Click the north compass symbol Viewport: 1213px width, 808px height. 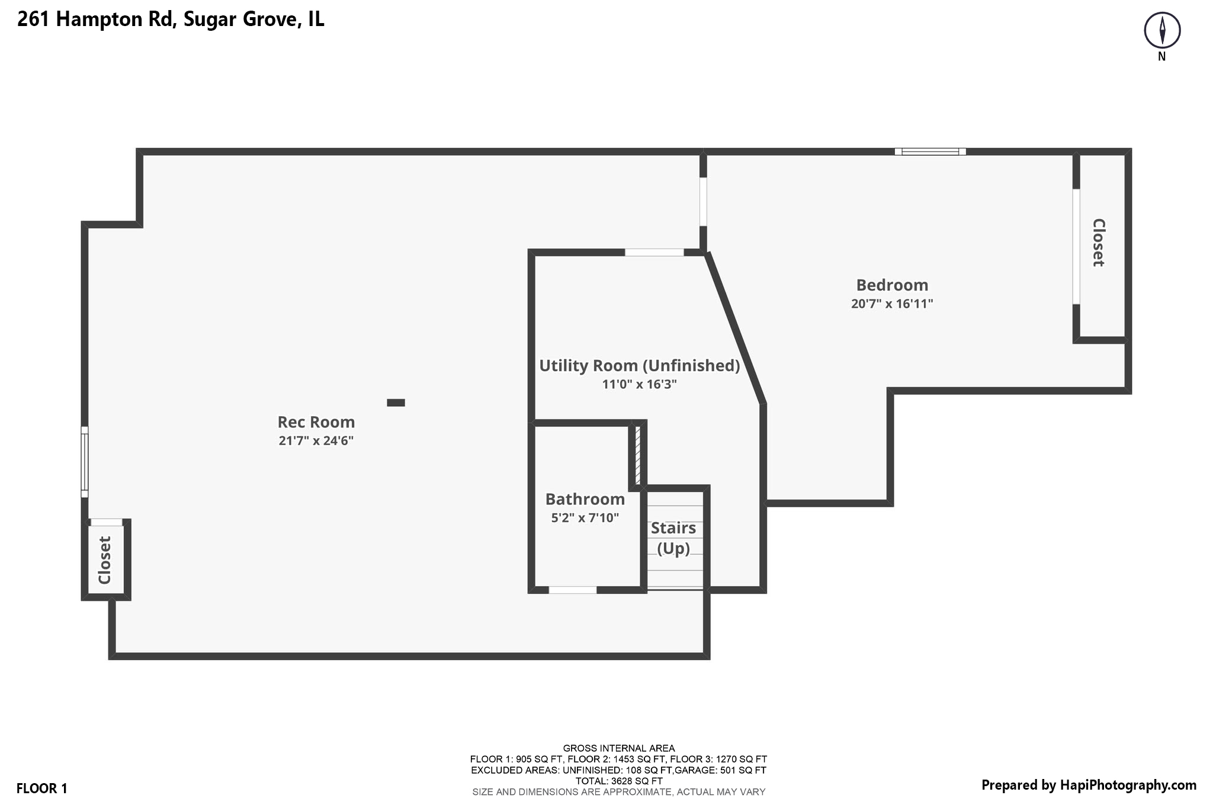coord(1161,31)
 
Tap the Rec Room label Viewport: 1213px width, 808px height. coord(316,422)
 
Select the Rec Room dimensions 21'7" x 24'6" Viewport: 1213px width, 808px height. coord(316,440)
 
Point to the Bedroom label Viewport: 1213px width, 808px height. coord(892,285)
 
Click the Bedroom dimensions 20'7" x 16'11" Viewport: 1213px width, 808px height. coord(892,304)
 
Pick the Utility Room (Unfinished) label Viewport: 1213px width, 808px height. coord(639,366)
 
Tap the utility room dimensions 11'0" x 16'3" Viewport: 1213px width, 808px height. coord(639,384)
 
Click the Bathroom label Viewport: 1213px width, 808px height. coord(585,499)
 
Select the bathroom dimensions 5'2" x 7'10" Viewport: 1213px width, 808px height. coord(585,518)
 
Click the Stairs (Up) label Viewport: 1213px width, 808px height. coord(673,537)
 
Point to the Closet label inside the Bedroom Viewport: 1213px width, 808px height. coord(1099,243)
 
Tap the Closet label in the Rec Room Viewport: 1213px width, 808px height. coord(105,560)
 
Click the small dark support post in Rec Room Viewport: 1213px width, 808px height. coord(396,403)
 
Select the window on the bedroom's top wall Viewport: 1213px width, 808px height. coord(930,152)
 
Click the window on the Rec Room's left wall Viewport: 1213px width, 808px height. coord(85,462)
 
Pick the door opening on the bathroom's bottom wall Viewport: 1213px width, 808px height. coord(572,590)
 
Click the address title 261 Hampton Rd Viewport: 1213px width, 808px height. coord(171,20)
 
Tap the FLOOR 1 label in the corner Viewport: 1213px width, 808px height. coord(41,788)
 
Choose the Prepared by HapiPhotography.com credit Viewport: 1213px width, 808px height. coord(1089,786)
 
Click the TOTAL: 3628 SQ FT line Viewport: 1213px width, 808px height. coord(618,781)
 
